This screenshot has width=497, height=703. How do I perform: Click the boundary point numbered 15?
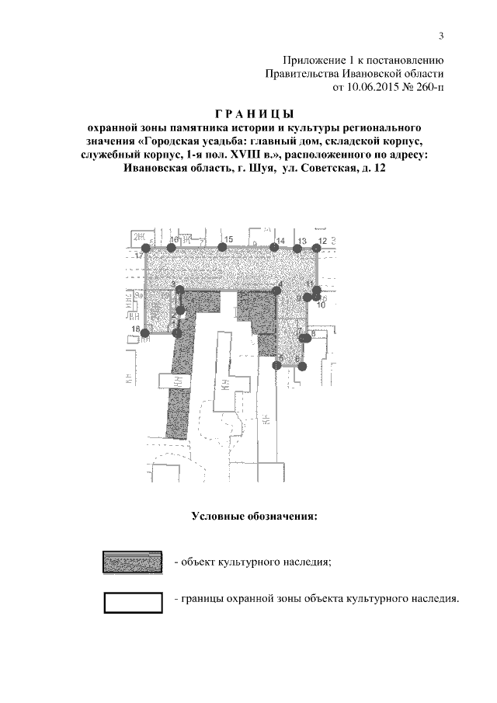click(x=222, y=247)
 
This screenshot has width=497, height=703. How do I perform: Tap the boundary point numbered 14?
click(x=274, y=247)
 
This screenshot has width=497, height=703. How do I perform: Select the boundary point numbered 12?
click(x=316, y=247)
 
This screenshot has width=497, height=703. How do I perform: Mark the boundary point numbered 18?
click(x=144, y=332)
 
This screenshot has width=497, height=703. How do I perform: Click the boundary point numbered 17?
click(x=145, y=247)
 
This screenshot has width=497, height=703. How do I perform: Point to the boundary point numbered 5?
click(x=276, y=364)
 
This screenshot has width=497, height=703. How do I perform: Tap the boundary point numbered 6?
click(x=302, y=365)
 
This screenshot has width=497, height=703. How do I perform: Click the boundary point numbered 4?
click(x=275, y=291)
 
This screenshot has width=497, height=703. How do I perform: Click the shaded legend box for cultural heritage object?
click(x=133, y=561)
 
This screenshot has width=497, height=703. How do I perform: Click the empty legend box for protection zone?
click(x=133, y=602)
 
